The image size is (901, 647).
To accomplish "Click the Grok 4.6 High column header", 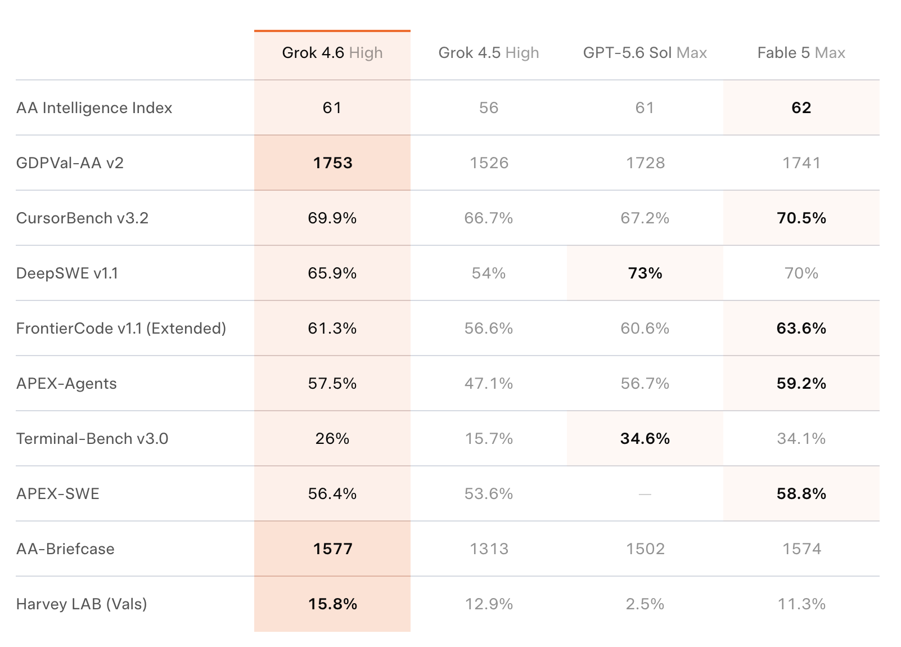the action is [x=332, y=53].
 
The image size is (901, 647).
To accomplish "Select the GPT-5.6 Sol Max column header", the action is [x=645, y=53].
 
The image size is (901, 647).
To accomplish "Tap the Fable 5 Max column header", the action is [x=801, y=53].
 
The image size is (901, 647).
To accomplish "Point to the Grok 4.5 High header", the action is [x=489, y=53].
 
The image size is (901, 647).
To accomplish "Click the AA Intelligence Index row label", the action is [x=94, y=108].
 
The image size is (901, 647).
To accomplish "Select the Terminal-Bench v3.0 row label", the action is [x=92, y=439].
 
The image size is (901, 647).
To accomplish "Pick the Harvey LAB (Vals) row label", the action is [x=82, y=604].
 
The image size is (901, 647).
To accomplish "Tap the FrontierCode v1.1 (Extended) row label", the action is [x=121, y=329].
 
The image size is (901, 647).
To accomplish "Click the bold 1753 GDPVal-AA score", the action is [x=332, y=163].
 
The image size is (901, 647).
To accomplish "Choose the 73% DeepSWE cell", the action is [x=645, y=273].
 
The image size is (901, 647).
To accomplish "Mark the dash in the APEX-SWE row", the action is [x=645, y=494].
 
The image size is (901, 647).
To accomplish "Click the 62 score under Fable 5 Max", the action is [x=801, y=108].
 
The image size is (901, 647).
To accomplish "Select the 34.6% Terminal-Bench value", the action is [x=645, y=439].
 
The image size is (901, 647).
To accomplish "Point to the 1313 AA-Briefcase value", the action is [x=489, y=549].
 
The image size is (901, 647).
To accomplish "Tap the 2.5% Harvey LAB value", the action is [x=645, y=604].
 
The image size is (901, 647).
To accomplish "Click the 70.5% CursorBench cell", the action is [x=801, y=218].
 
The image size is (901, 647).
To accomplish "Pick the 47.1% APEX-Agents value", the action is [x=489, y=384].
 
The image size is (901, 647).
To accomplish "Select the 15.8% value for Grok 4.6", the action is [x=332, y=604].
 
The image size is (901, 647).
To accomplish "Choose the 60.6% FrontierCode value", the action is [x=645, y=329].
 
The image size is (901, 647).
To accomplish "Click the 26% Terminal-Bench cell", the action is [x=332, y=439].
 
